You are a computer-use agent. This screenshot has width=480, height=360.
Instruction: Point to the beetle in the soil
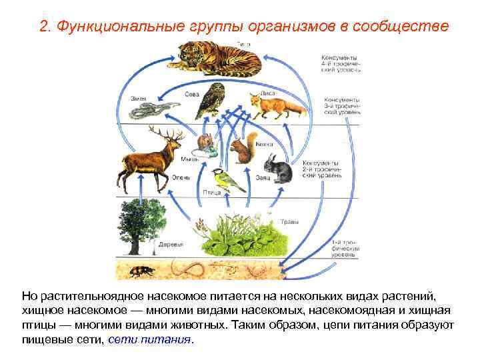[x=145, y=270]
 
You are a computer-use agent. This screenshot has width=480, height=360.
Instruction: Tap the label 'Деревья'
[x=171, y=245]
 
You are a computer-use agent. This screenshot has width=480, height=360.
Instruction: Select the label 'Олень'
[x=181, y=177]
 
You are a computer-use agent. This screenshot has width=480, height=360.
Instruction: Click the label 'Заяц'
[x=262, y=178]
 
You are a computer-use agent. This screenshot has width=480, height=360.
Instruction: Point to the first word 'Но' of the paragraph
[x=29, y=295]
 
